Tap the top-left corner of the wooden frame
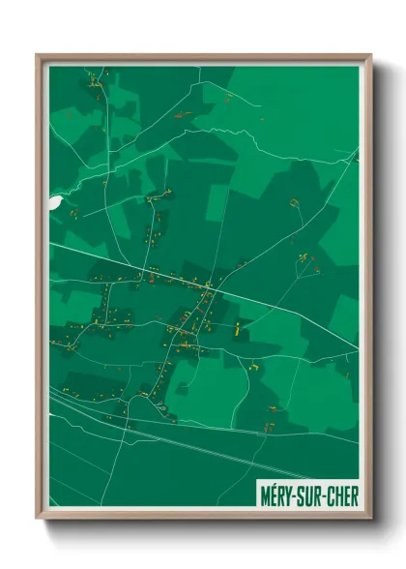pyautogui.click(x=38, y=56)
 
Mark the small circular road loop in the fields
pyautogui.click(x=182, y=388)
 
